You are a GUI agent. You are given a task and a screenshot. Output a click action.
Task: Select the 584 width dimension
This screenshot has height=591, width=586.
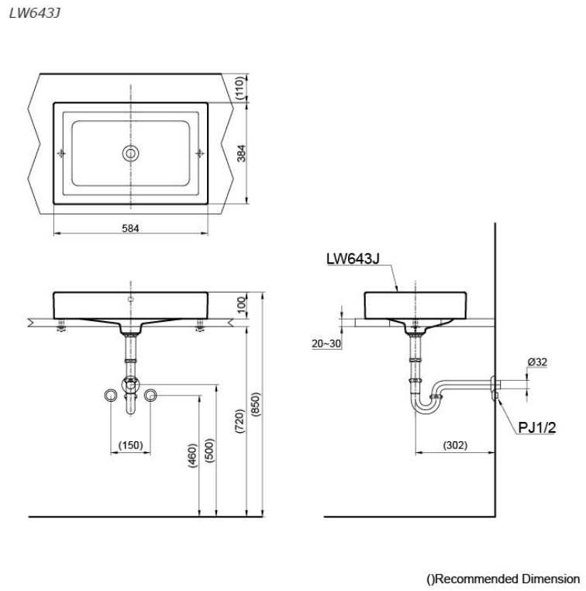(x=130, y=229)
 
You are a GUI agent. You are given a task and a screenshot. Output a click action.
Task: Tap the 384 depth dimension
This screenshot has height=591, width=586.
(x=242, y=156)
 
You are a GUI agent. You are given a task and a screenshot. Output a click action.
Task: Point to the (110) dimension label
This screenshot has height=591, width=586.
(x=242, y=88)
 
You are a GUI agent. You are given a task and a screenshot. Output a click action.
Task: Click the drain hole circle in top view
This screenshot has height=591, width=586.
(x=130, y=153)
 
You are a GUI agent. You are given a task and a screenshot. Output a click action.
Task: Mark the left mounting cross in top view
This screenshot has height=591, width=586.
(x=61, y=153)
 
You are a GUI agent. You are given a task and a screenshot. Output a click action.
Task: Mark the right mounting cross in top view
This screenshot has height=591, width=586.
(x=199, y=153)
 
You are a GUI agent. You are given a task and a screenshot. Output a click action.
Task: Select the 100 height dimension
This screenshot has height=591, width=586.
(x=241, y=303)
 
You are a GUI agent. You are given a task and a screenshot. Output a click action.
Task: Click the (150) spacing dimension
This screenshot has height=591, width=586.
(x=130, y=444)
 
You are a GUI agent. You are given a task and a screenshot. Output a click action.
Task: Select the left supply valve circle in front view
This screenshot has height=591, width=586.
(x=111, y=396)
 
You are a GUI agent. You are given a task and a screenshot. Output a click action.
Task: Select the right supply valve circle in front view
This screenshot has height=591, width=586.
(x=150, y=396)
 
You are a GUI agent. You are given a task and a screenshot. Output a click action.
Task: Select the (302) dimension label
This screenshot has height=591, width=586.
(x=456, y=445)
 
